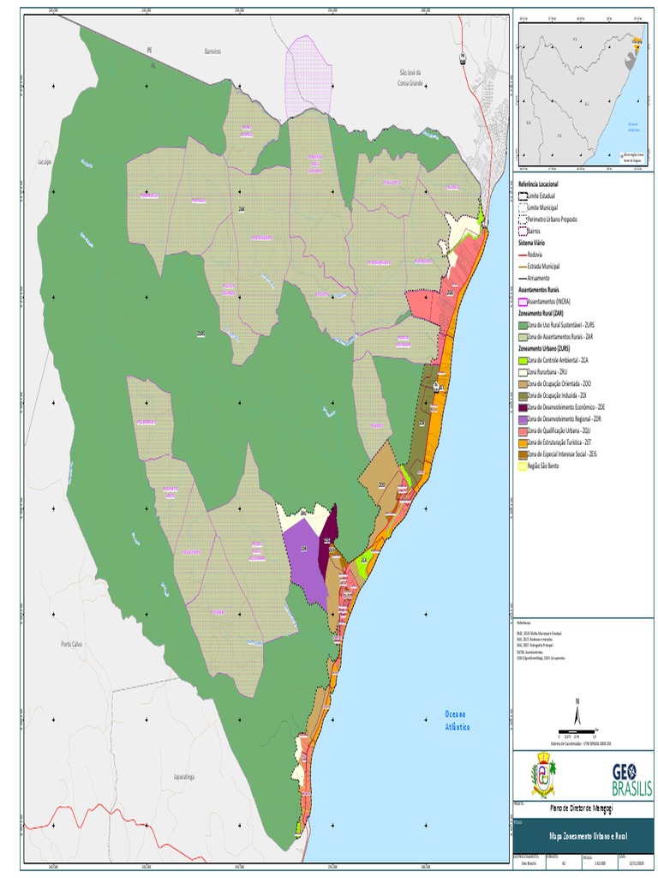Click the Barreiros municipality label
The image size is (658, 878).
[x=212, y=51]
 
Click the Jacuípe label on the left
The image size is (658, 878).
[x=45, y=160]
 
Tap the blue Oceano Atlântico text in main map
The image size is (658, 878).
[x=458, y=719]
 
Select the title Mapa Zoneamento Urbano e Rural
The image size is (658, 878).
[x=582, y=833]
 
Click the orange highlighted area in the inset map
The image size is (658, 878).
[x=636, y=41]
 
